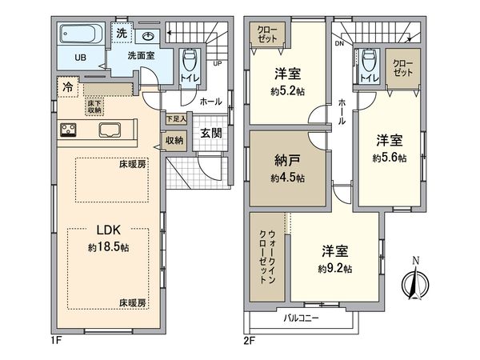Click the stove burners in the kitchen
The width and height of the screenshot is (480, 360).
pyautogui.click(x=67, y=130)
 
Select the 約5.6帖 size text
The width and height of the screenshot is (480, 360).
pyautogui.click(x=389, y=158)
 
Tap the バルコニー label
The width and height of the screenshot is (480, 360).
pyautogui.click(x=301, y=318)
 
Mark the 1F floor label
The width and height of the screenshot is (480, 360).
pyautogui.click(x=56, y=340)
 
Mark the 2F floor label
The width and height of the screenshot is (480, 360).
pyautogui.click(x=250, y=340)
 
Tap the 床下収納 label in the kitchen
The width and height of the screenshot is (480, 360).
pyautogui.click(x=94, y=105)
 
